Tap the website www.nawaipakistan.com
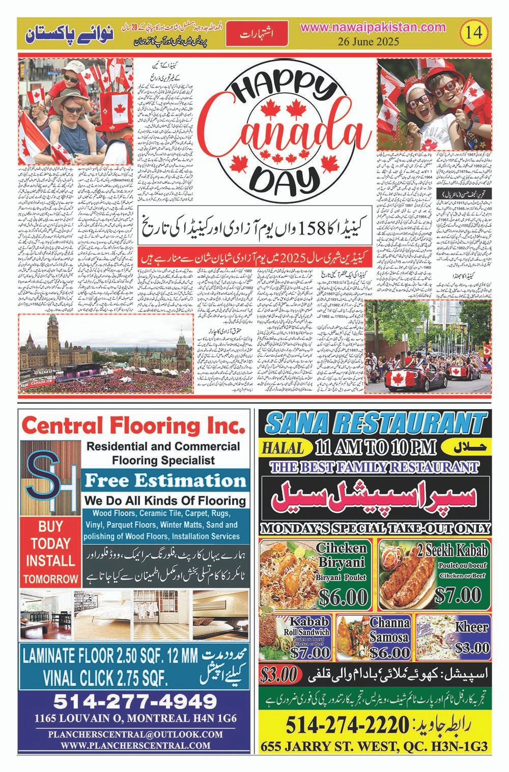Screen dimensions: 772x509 [373, 28]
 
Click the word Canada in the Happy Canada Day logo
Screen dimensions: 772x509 [285, 132]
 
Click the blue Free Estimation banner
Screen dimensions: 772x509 [165, 480]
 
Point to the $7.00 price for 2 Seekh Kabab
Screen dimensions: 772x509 [460, 594]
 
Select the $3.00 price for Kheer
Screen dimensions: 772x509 [473, 648]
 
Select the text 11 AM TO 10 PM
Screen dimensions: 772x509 [376, 447]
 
